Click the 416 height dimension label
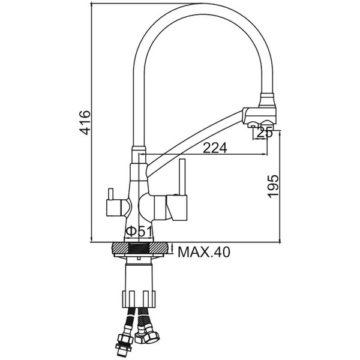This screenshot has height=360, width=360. [x=85, y=122]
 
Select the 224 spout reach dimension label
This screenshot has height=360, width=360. [x=215, y=148]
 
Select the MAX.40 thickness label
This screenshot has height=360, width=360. [x=203, y=252]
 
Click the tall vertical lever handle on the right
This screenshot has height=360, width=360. [x=182, y=177]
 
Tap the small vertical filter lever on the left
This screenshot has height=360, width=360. [x=110, y=194]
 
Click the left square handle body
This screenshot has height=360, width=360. [x=113, y=208]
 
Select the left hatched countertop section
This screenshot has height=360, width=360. [x=121, y=247]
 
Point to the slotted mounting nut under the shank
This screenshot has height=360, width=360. [x=139, y=299]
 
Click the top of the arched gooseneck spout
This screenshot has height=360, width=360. [x=202, y=9]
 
